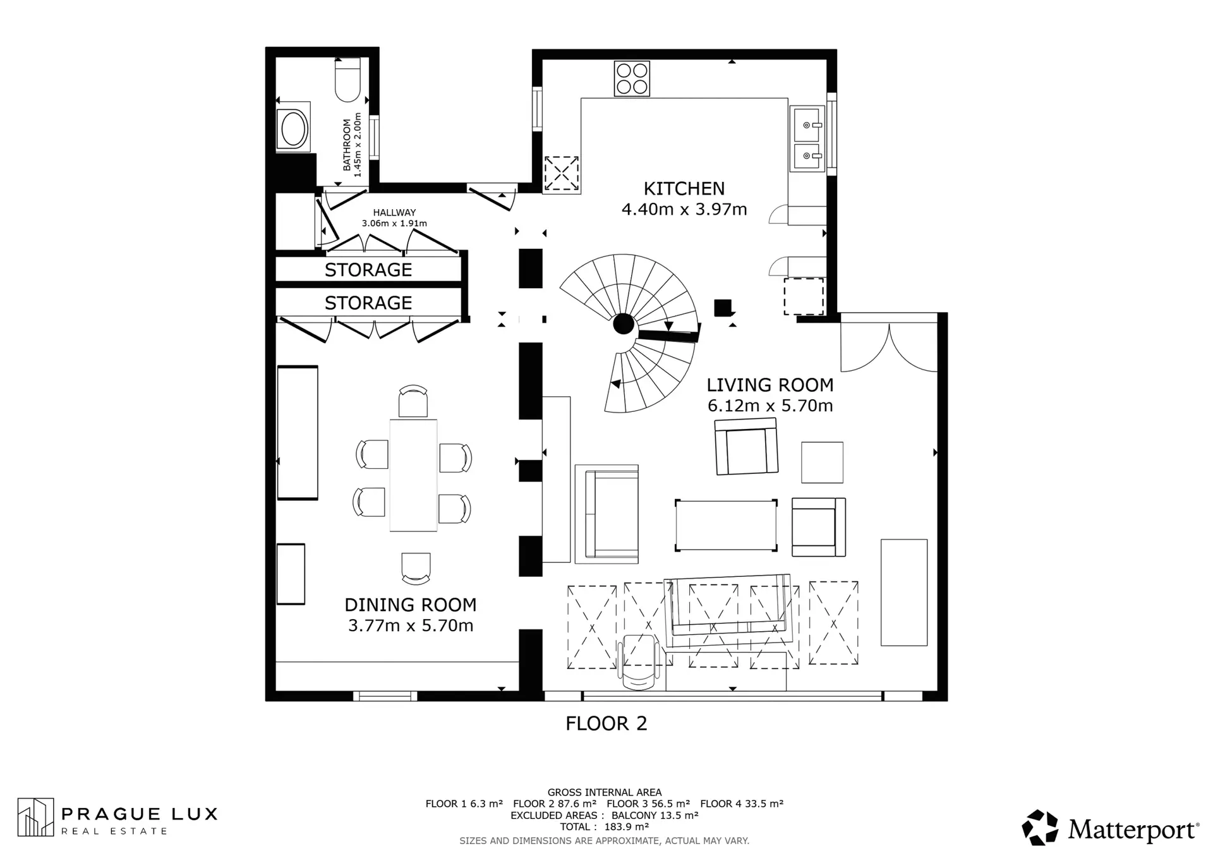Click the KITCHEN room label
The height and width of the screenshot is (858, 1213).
pos(684,188)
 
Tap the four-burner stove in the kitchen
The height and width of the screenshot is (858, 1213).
pos(632,78)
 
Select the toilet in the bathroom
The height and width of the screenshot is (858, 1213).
pos(347,80)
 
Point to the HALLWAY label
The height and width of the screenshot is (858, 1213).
pos(394,213)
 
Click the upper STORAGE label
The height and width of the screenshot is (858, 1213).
pos(368,270)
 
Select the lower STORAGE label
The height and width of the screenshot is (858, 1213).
pos(368,303)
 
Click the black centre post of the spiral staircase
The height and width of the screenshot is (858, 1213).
pos(624,324)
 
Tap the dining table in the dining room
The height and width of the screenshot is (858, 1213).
pos(413,475)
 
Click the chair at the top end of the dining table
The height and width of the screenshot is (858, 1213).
pos(413,401)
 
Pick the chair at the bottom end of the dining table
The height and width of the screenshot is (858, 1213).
pos(416,568)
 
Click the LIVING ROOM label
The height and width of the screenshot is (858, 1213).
pos(770,385)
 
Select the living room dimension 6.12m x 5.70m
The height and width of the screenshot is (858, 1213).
pos(770,406)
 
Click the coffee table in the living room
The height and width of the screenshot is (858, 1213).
pos(727,525)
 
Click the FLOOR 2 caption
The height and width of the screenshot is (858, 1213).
pos(606,723)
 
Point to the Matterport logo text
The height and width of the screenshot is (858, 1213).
pos(1133,829)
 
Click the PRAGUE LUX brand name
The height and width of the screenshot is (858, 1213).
pos(139,814)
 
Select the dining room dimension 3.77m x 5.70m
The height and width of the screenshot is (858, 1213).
pos(411,625)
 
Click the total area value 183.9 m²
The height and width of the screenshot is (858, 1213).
pos(627,826)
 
